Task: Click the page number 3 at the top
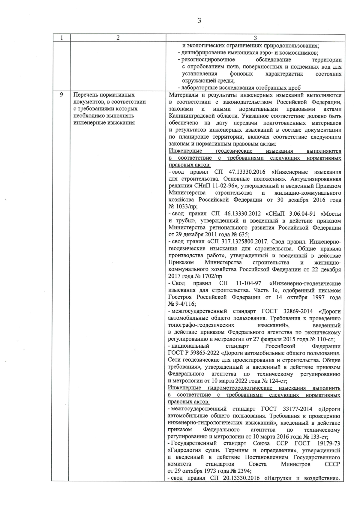pos(199,20)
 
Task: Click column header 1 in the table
pos(61,38)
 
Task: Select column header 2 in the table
pos(118,38)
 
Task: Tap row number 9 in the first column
pos(61,95)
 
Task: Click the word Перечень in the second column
pos(86,95)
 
